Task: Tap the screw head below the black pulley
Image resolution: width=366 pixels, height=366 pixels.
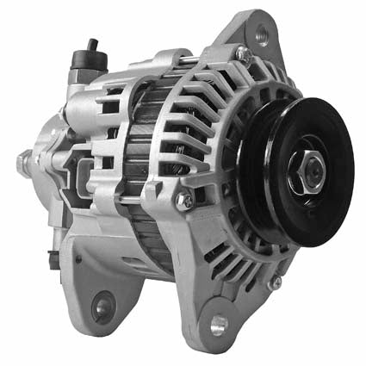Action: pos(276,282)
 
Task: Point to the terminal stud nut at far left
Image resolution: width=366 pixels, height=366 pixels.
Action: pos(25,160)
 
